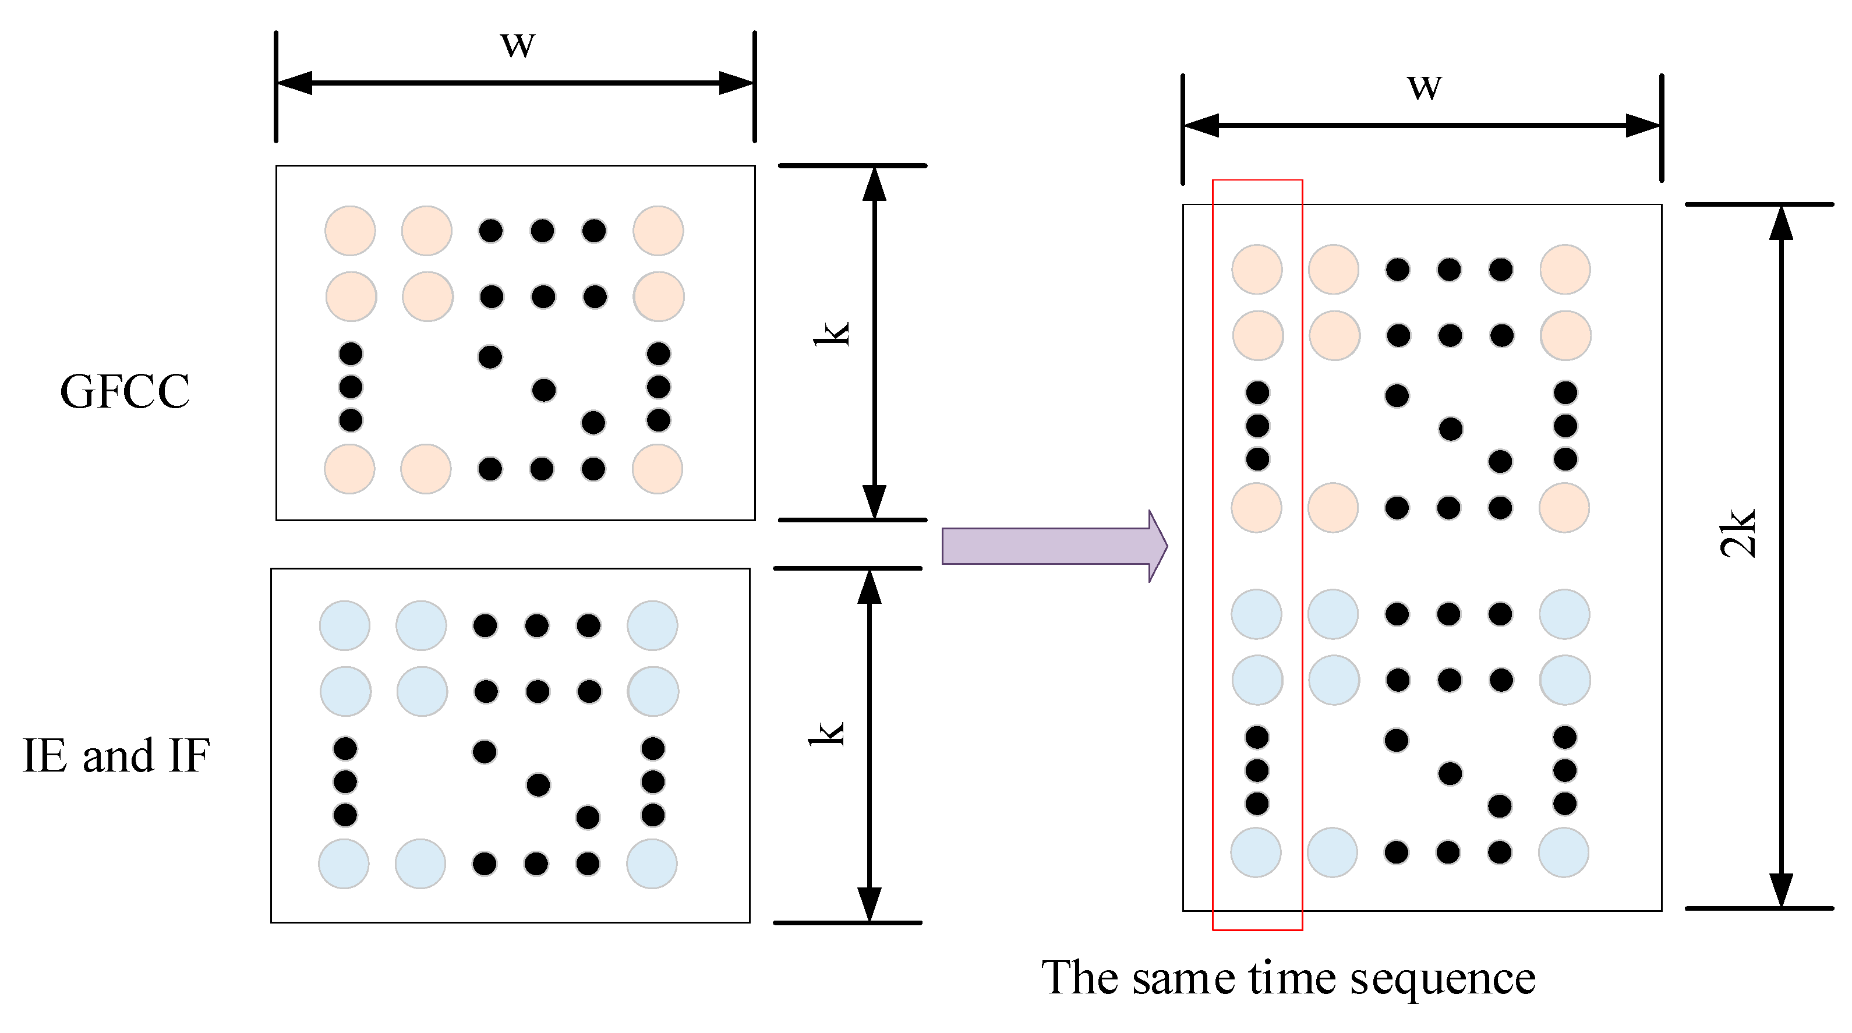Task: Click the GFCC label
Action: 125,392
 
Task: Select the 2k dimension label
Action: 1738,533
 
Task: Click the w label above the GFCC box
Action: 518,45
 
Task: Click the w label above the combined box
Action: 1424,88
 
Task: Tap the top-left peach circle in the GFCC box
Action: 350,231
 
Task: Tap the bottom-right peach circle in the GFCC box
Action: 657,469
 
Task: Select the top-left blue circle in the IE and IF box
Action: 344,625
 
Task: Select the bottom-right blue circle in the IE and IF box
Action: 651,864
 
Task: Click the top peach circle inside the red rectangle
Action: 1257,270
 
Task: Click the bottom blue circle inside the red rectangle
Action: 1256,852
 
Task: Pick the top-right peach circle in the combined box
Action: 1564,270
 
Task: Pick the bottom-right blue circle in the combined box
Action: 1563,852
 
